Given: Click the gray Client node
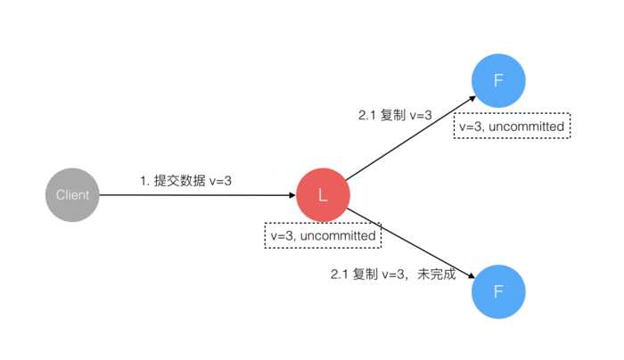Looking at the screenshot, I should tap(71, 194).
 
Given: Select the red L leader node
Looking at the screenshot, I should tap(323, 195).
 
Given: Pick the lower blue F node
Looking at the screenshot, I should tap(498, 290).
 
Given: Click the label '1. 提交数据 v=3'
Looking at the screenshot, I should tap(185, 180).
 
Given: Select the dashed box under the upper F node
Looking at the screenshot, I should tap(512, 127).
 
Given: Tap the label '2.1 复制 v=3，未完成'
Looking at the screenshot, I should tap(393, 274).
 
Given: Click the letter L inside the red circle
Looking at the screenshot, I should tap(323, 195).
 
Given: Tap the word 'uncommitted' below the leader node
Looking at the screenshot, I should tap(340, 235).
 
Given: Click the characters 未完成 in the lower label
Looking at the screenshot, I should tap(436, 274).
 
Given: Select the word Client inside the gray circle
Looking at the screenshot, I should tap(71, 194).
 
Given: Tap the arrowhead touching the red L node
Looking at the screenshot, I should tap(291, 195).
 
